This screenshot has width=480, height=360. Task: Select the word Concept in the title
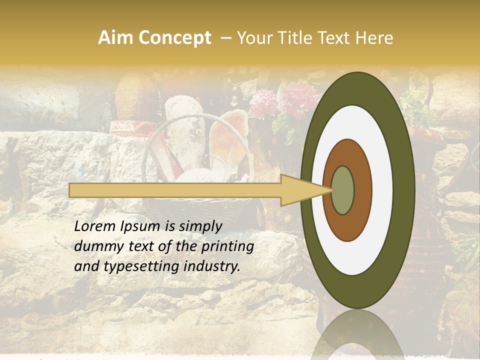click(x=174, y=38)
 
